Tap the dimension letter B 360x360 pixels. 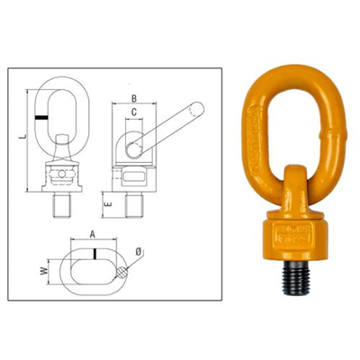(x=133, y=99)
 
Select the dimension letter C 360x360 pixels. (x=133, y=113)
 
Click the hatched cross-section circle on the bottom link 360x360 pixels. (x=119, y=268)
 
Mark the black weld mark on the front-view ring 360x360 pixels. (x=42, y=117)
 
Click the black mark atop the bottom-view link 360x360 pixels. (x=93, y=252)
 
